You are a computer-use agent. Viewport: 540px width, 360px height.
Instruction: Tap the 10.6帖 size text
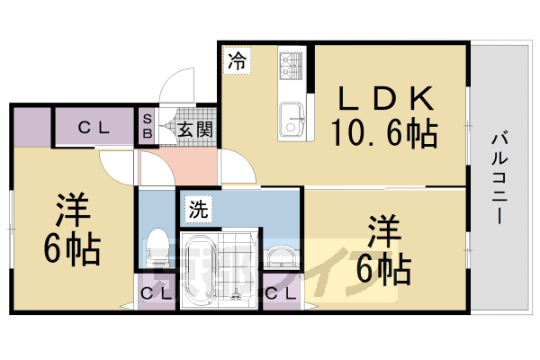tap(384, 134)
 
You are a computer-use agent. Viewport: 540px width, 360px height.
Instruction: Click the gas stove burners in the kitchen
tap(293, 66)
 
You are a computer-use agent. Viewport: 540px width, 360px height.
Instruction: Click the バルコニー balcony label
tap(500, 179)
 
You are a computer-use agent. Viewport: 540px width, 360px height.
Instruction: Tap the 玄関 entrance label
tap(194, 130)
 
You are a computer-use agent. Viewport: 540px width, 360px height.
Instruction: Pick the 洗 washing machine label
tap(199, 212)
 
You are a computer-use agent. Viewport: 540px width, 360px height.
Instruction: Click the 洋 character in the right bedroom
tap(382, 229)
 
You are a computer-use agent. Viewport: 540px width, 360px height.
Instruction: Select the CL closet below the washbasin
tap(281, 293)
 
